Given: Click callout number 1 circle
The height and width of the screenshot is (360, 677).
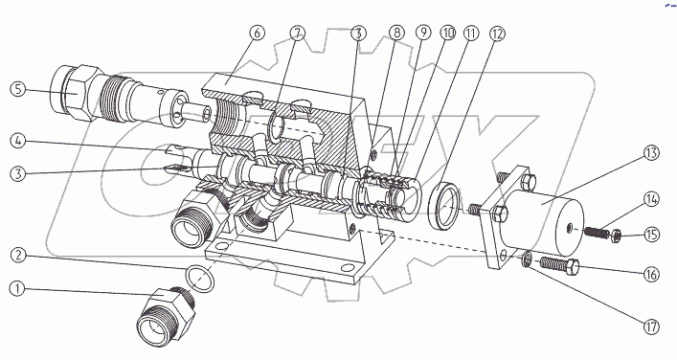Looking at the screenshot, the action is point(17,289).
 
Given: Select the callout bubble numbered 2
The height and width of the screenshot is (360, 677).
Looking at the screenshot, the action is point(18,255).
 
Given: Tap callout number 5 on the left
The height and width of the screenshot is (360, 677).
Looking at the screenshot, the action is point(18,90).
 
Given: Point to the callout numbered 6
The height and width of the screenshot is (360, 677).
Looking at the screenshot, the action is point(257,34).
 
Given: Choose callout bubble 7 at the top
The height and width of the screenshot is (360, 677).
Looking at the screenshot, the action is point(298,34).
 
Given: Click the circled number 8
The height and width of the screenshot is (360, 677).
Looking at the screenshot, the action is point(396,33).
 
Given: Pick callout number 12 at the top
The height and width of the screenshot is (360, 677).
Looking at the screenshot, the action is point(497,34).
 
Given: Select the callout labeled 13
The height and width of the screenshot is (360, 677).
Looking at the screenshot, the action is point(651,153).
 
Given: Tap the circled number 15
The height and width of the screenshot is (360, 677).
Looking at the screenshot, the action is point(651,235).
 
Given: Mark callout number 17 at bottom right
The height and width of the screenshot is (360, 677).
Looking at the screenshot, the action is point(651,326).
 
